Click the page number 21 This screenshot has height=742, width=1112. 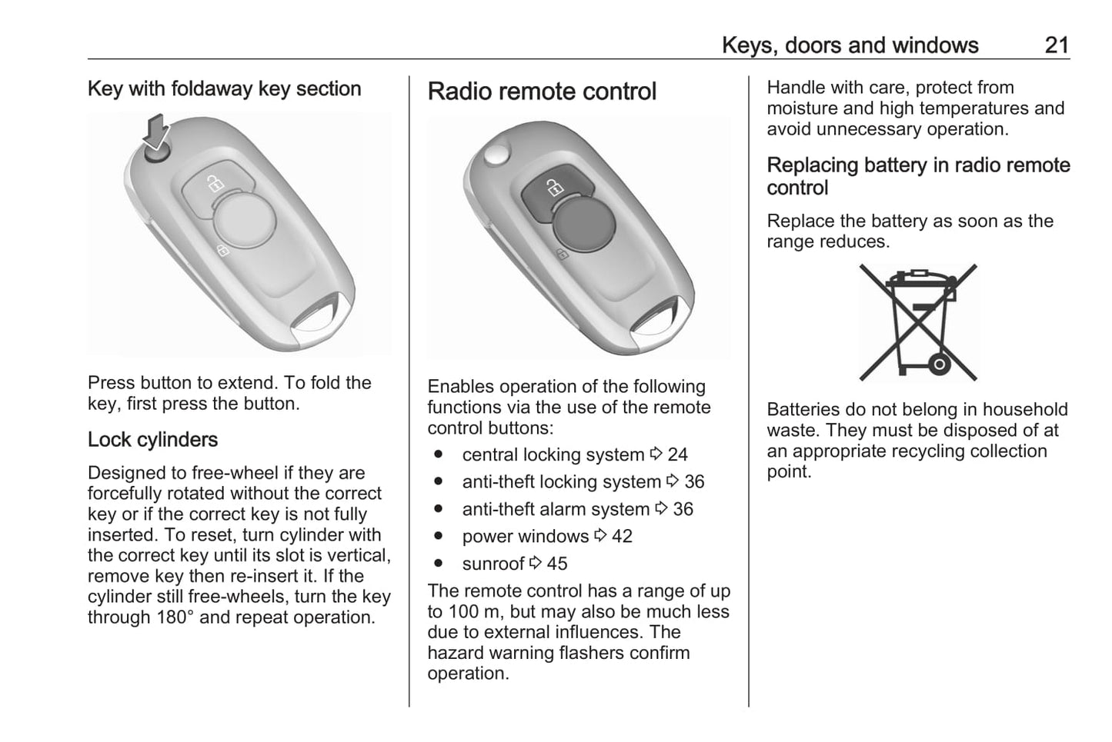(1057, 45)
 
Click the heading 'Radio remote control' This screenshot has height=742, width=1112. (542, 92)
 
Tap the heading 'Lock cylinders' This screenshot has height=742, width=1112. (152, 440)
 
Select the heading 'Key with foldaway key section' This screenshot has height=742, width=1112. (224, 88)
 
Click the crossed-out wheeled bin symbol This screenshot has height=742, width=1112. (917, 322)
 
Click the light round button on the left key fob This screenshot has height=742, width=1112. (243, 220)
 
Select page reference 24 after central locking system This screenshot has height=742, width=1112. (677, 455)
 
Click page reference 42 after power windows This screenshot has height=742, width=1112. (622, 537)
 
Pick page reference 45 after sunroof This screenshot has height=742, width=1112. (556, 564)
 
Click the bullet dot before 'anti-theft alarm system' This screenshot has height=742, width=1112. (438, 509)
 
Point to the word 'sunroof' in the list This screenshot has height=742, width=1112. (493, 564)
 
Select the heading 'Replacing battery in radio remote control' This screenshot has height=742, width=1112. (917, 176)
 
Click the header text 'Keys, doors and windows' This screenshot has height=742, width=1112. (850, 45)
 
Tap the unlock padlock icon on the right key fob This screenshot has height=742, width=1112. (553, 187)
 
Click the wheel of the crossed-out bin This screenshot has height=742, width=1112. (938, 363)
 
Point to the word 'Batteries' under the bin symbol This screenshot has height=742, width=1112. (804, 410)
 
